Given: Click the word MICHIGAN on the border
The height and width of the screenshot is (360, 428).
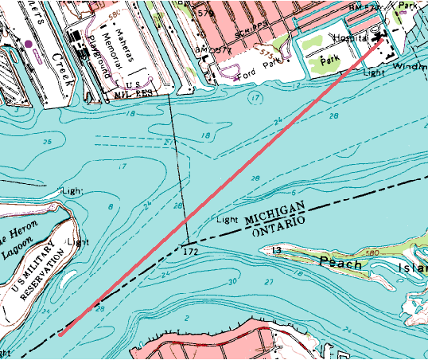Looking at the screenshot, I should tap(275, 212).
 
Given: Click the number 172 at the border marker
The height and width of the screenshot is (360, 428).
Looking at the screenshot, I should tap(189, 251).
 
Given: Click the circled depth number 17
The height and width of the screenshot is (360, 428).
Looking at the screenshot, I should tap(255, 97).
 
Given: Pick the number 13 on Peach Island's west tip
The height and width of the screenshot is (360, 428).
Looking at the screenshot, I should tap(277, 251).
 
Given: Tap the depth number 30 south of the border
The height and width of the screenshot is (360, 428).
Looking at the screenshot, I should tap(232, 282).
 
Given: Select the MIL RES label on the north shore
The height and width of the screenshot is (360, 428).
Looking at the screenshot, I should tap(134, 93).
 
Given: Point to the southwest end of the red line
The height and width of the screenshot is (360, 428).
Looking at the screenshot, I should tap(60, 335).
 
